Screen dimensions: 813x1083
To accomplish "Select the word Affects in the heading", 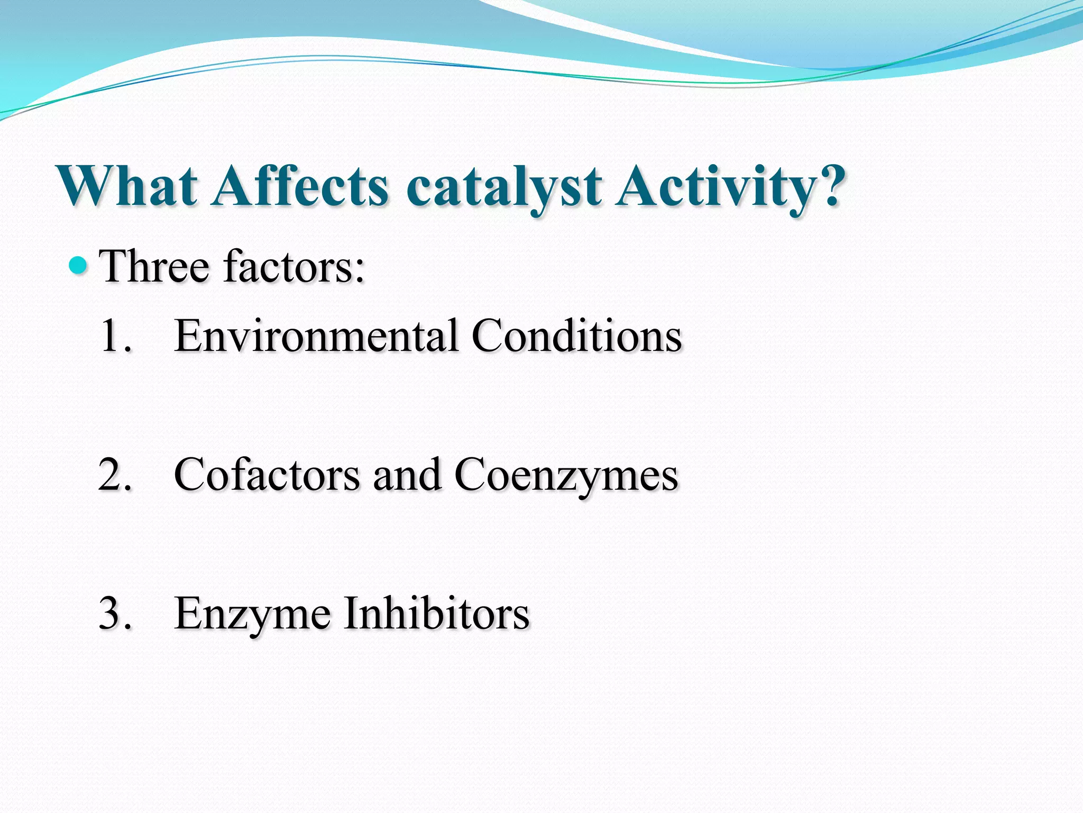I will [x=300, y=186].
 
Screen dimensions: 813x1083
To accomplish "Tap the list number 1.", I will [x=114, y=336].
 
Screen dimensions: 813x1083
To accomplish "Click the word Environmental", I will [x=316, y=336].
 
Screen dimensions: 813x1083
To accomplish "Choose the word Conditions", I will [x=576, y=336].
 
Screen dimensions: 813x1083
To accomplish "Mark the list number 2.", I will [x=114, y=475].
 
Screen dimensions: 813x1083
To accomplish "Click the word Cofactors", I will [x=267, y=475].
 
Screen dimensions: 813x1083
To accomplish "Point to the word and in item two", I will [x=407, y=475].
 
